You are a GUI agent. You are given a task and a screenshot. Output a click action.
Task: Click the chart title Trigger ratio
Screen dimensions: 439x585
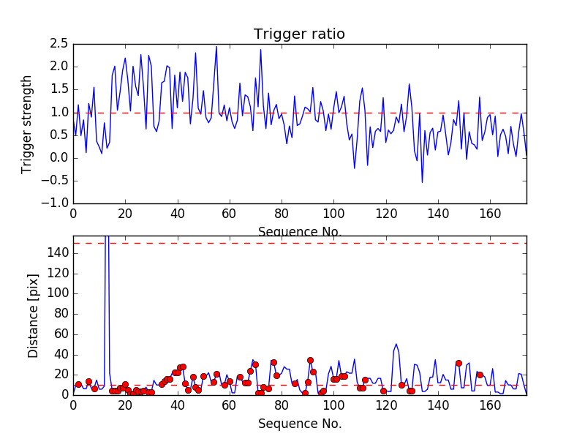click(x=299, y=34)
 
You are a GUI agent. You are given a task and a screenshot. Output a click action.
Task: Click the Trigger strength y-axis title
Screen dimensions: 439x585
click(x=27, y=124)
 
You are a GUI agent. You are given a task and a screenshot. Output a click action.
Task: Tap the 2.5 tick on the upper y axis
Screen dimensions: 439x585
click(x=58, y=44)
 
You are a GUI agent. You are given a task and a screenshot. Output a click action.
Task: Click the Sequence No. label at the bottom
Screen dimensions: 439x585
click(x=299, y=424)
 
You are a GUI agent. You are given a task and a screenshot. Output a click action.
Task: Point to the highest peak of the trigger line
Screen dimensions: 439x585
click(x=216, y=46)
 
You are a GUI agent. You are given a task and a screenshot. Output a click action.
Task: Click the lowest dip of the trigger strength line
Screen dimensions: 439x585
click(x=422, y=182)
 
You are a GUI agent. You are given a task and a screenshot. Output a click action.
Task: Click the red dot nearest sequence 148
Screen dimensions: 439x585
click(x=458, y=363)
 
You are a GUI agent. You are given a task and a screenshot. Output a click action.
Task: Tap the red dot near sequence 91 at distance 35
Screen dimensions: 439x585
click(x=310, y=360)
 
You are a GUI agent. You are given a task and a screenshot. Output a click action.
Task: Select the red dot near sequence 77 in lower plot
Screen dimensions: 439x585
click(x=273, y=362)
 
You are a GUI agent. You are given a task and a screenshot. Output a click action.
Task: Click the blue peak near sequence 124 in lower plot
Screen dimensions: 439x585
click(x=396, y=344)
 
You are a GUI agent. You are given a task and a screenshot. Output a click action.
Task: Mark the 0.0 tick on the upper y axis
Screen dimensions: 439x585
click(x=58, y=158)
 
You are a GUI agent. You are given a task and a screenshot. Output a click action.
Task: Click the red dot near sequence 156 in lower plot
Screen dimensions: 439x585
click(x=480, y=375)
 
